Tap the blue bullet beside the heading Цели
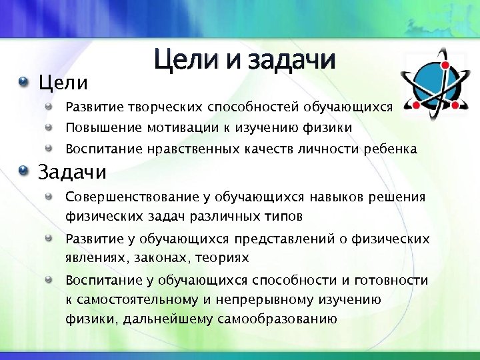(x=25, y=83)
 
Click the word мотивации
(x=167, y=127)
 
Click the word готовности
(x=391, y=281)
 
